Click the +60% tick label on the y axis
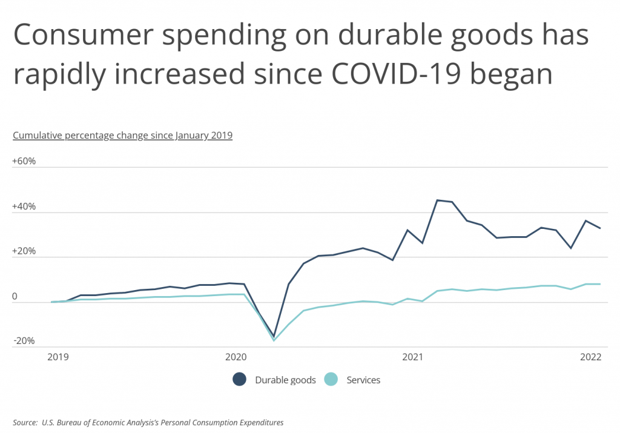point(24,162)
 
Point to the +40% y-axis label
point(24,207)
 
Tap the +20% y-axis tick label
point(24,251)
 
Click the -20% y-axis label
point(24,341)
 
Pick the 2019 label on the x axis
point(58,357)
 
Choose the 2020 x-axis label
point(236,357)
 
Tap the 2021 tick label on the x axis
point(412,357)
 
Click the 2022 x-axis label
point(590,357)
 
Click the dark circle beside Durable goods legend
point(240,380)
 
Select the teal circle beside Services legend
point(331,380)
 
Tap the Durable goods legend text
point(285,380)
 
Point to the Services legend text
point(363,380)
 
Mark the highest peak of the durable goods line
point(438,200)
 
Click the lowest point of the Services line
point(274,340)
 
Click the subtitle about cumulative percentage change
point(122,135)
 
